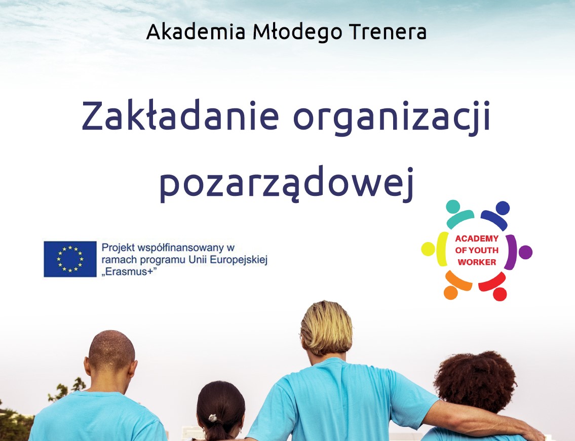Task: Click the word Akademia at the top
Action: pyautogui.click(x=196, y=32)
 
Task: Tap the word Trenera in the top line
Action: pyautogui.click(x=388, y=32)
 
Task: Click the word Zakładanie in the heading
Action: pyautogui.click(x=180, y=115)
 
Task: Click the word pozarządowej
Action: pyautogui.click(x=287, y=183)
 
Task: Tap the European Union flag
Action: pyautogui.click(x=70, y=259)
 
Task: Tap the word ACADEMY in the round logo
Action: pyautogui.click(x=477, y=238)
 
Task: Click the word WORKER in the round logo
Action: pyautogui.click(x=477, y=262)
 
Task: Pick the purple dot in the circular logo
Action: pyautogui.click(x=525, y=252)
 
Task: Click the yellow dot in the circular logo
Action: pyautogui.click(x=428, y=249)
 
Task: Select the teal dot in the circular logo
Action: pyautogui.click(x=453, y=207)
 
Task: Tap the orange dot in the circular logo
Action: pyautogui.click(x=451, y=293)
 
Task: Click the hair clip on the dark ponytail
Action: pyautogui.click(x=212, y=418)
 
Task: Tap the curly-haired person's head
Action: pyautogui.click(x=475, y=381)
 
